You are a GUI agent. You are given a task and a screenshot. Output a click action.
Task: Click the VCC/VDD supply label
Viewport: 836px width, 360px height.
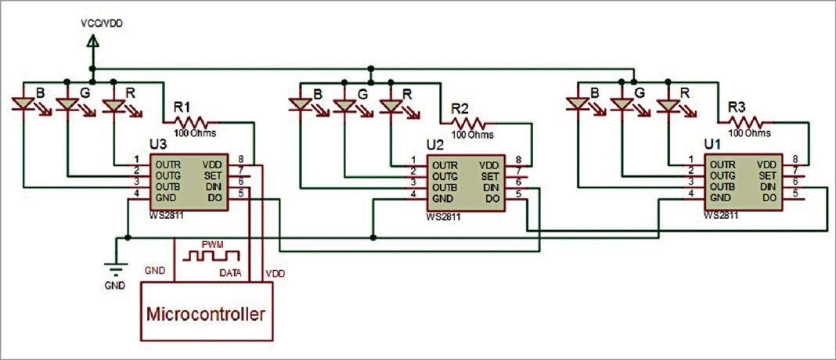[x=101, y=23]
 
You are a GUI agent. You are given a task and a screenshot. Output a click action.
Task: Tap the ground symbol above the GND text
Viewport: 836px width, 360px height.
[x=115, y=269]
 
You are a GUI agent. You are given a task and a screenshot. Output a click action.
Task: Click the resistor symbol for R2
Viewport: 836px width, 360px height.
[x=470, y=123]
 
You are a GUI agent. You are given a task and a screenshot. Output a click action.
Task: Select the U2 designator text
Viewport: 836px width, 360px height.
[x=435, y=145]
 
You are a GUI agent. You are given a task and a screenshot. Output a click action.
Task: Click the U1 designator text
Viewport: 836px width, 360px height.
[x=713, y=145]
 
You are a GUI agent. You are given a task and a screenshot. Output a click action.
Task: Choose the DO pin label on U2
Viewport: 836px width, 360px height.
[x=492, y=200]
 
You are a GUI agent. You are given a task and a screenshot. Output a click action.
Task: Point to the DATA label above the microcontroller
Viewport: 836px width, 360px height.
[x=229, y=273]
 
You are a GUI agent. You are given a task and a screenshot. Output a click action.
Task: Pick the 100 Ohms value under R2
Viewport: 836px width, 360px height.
[x=473, y=135]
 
